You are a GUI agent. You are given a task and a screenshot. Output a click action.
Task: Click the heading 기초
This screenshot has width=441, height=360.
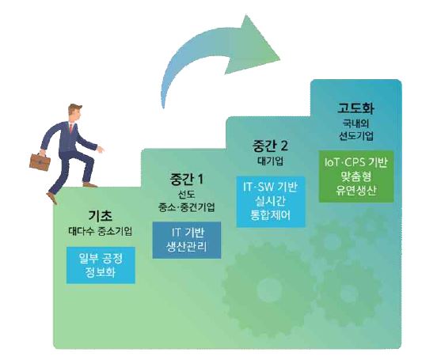pos(101,216)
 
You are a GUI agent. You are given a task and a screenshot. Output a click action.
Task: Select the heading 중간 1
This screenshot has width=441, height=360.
pos(186,179)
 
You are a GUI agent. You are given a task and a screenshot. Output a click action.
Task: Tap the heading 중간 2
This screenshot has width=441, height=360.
pos(270,146)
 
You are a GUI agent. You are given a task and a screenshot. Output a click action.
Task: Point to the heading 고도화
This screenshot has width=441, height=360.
pos(355,108)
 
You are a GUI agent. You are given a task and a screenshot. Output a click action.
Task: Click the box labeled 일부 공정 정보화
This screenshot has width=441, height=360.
pos(101,265)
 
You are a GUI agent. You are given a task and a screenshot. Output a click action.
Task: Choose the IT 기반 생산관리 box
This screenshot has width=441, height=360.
pos(187,240)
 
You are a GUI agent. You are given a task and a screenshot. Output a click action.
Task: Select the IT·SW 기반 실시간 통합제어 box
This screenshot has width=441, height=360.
pos(271,202)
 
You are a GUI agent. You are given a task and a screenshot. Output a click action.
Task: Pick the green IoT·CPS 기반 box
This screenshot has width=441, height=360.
pos(356,176)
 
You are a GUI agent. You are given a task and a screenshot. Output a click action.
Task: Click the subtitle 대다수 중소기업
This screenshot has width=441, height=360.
pos(101,231)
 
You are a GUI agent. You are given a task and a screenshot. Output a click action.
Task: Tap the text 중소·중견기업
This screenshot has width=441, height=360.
pos(187,207)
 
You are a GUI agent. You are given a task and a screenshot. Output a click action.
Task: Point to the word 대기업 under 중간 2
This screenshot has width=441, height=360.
pos(270,161)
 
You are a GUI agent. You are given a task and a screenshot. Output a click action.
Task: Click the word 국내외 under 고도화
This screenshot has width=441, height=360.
pos(355,123)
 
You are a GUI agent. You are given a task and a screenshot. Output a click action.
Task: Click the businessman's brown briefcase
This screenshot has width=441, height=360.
pos(40,162)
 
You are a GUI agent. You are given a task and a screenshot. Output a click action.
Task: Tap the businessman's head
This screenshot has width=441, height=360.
pos(75,112)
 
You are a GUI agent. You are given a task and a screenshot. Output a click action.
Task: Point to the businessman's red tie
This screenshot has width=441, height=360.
pos(71,128)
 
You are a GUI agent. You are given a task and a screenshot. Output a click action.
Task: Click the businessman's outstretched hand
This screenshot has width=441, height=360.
pos(101,150)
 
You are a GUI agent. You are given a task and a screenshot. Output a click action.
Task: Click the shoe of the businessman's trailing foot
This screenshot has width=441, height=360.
pos(52,198)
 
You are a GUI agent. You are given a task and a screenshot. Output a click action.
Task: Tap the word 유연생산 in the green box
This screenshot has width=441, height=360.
pos(356,191)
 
